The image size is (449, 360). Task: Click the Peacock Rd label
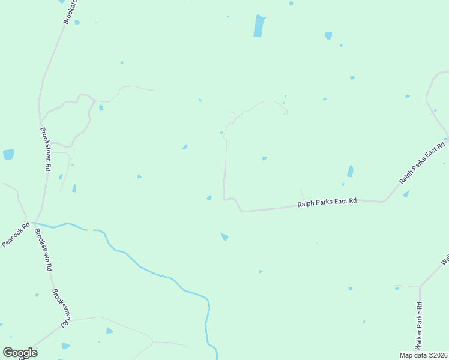click(x=16, y=235)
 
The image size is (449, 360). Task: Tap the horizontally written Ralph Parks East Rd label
click(x=327, y=202)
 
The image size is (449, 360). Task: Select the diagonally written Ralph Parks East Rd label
click(x=422, y=163)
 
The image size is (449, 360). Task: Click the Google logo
click(x=20, y=353)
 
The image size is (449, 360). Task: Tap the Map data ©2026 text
click(x=423, y=355)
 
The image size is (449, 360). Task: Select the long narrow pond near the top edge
click(x=259, y=26)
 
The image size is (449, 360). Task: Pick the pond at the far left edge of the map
click(x=8, y=155)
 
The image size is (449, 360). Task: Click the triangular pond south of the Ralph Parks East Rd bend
click(x=224, y=237)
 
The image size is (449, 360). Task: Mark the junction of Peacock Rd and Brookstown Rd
click(x=34, y=223)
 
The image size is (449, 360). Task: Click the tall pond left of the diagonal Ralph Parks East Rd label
click(x=350, y=171)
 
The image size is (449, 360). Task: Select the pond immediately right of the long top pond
click(x=328, y=35)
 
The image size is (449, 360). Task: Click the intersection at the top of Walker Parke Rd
click(x=419, y=287)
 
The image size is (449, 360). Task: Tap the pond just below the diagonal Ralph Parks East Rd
click(x=406, y=194)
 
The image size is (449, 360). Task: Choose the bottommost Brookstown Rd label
click(x=61, y=308)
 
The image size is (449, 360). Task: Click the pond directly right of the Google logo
click(x=65, y=346)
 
